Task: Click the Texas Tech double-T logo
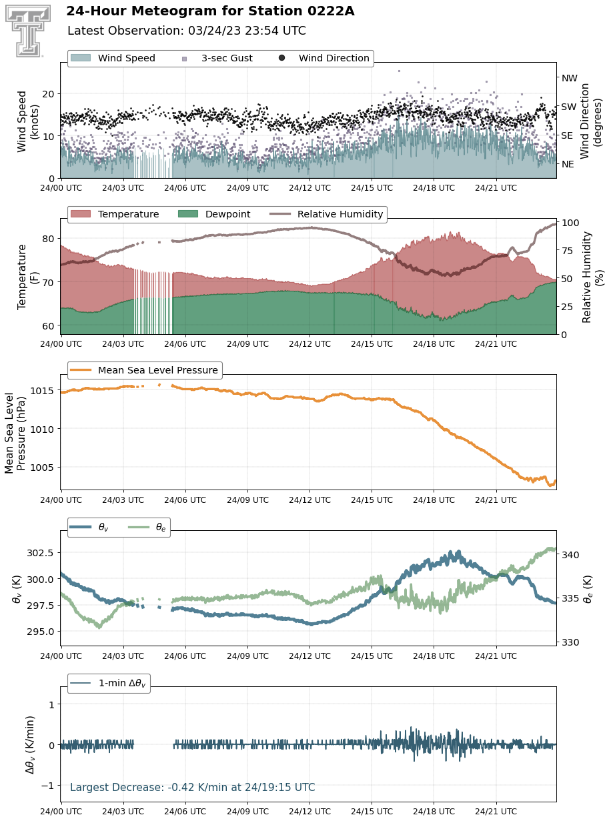[28, 31]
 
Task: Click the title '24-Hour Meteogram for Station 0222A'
[210, 11]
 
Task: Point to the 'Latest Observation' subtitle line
[187, 31]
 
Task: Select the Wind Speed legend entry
[113, 58]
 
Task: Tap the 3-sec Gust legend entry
[217, 58]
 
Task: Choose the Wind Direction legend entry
[324, 58]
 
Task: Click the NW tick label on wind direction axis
[569, 78]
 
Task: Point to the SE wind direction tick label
[567, 135]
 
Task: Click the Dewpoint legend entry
[214, 214]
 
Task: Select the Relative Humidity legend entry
[326, 214]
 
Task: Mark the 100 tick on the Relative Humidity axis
[570, 223]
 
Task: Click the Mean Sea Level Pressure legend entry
[144, 370]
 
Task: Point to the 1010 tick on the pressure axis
[43, 429]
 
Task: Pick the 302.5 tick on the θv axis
[41, 553]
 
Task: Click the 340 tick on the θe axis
[570, 554]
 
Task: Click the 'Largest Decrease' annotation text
[193, 787]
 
